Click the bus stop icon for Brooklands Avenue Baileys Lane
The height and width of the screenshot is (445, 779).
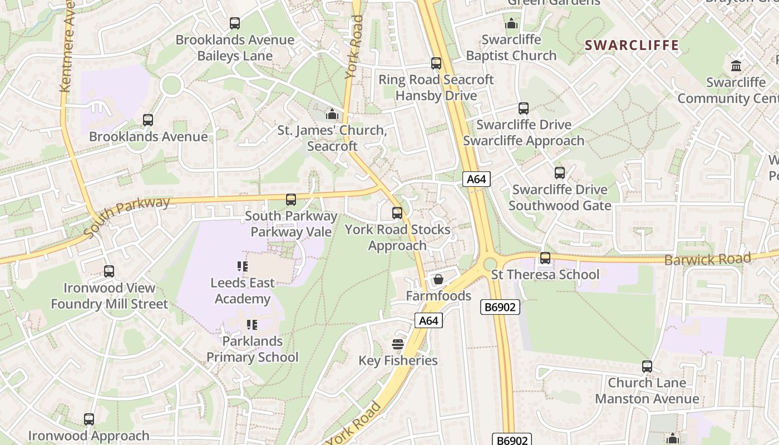coord(235,23)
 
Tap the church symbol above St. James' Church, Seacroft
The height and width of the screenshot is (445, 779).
coord(332,114)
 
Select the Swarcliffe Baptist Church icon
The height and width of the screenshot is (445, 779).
coord(511,23)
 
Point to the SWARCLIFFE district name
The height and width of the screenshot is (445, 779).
coord(632,46)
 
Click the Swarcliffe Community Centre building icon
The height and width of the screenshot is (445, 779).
coord(736,66)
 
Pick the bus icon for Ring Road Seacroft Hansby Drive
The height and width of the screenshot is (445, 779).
coord(436,63)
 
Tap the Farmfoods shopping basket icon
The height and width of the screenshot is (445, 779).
coord(438,279)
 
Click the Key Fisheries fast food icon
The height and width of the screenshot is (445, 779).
coord(398,344)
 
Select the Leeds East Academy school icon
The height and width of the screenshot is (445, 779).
coord(242,266)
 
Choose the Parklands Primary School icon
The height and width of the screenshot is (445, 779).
coord(252,324)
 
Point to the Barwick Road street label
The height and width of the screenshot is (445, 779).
coord(707,259)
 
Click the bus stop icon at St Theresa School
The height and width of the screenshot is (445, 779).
coord(545,258)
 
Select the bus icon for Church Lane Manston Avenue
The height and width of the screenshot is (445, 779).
coord(647,367)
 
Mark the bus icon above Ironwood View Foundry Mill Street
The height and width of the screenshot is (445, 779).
coord(109,271)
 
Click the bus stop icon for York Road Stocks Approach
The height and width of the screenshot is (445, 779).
coord(397,213)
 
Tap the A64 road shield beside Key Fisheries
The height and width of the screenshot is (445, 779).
coord(428,320)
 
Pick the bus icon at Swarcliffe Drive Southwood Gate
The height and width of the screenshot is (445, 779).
coord(560,173)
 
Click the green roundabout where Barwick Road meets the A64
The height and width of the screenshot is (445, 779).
coord(490,264)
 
